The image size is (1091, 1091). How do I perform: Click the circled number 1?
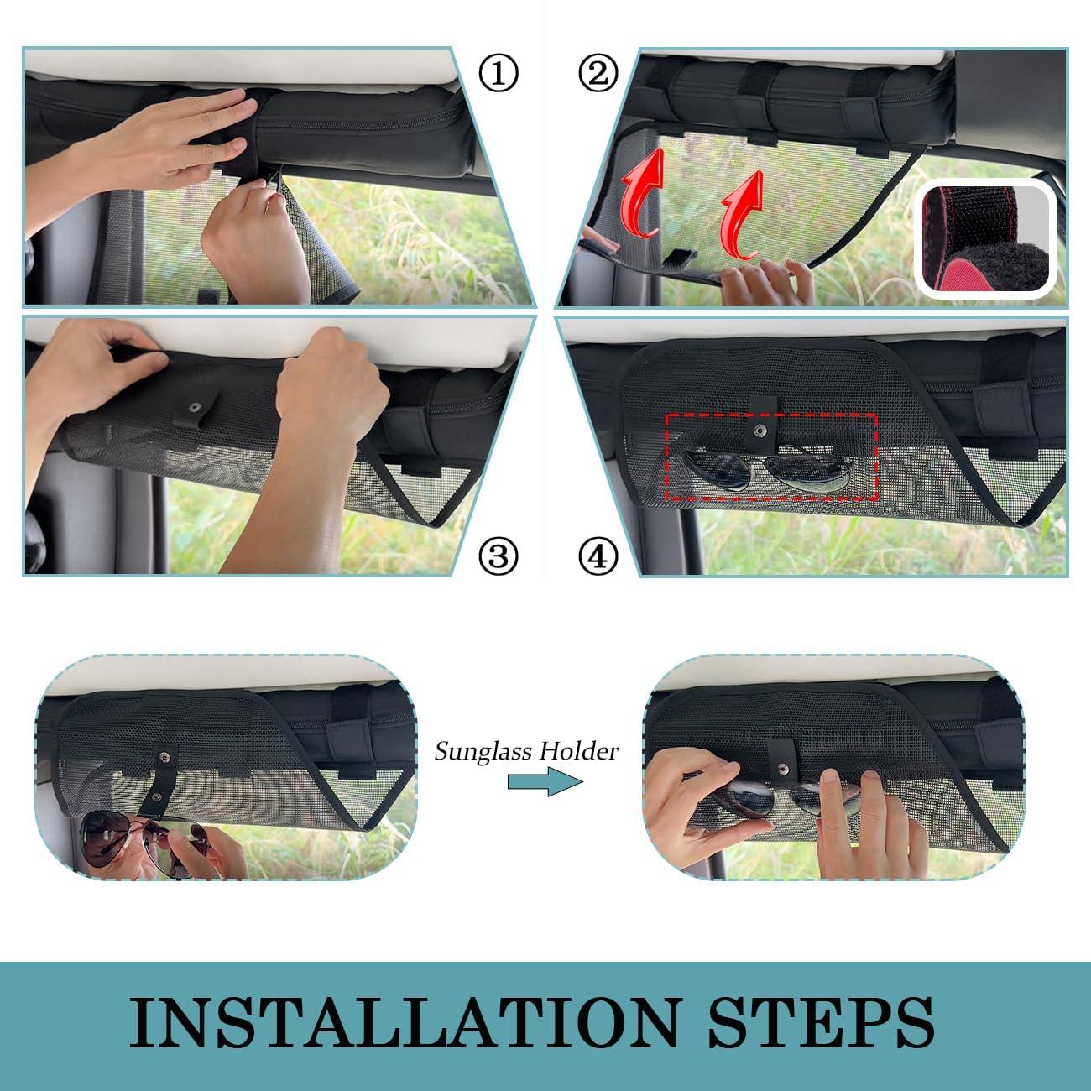[x=499, y=75]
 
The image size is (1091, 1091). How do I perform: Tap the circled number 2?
[x=598, y=75]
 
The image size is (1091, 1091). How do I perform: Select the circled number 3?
[x=499, y=555]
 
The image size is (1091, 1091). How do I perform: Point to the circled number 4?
[x=598, y=555]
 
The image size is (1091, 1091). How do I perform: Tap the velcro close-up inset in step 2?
[x=985, y=242]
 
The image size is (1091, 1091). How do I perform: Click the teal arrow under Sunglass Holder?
[x=545, y=783]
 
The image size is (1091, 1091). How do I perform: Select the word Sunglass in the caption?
[x=478, y=751]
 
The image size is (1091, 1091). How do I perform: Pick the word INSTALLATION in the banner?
[x=403, y=1022]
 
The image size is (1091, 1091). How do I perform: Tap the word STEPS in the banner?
[x=820, y=1022]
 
